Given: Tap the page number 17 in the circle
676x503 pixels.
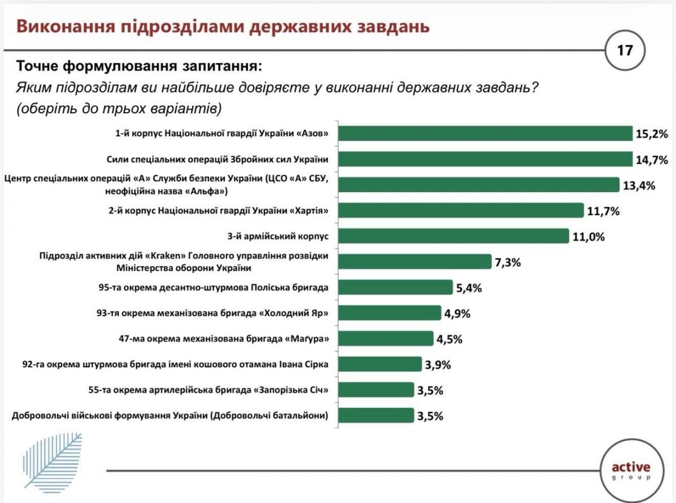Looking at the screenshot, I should pyautogui.click(x=625, y=51).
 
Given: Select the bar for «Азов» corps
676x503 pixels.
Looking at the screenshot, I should pyautogui.click(x=485, y=133).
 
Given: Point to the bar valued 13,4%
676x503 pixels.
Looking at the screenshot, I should pyautogui.click(x=479, y=185).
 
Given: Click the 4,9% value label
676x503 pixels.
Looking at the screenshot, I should pyautogui.click(x=458, y=313).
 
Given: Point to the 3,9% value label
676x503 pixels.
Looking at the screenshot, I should pyautogui.click(x=438, y=364).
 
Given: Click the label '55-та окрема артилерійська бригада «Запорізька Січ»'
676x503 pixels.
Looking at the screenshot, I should pyautogui.click(x=209, y=390).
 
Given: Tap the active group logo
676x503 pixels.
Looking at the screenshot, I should pyautogui.click(x=630, y=470).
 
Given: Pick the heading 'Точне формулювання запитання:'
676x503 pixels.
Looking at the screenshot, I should pyautogui.click(x=140, y=66).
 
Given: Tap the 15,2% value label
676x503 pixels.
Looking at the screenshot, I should pyautogui.click(x=652, y=134).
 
